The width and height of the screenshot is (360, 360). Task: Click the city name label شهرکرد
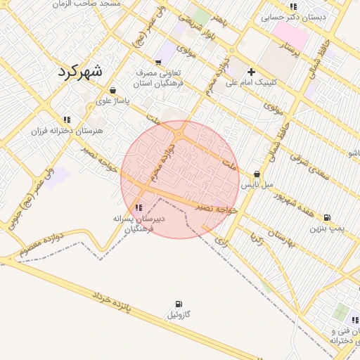pos(78,70)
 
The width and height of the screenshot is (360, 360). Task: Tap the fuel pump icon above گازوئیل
pos(178,304)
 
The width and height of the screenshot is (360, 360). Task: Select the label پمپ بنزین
pos(327,229)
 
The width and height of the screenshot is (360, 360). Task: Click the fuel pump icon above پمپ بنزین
pos(327,218)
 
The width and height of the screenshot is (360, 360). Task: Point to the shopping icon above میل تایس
pos(257,174)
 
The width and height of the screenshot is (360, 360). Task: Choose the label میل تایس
pos(257,186)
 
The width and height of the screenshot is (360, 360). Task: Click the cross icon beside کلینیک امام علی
pos(251,72)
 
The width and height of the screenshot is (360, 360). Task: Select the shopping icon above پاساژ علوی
pos(113,90)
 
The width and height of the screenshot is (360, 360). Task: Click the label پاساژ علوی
pos(113,101)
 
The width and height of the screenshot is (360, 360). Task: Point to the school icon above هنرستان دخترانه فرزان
pos(67,120)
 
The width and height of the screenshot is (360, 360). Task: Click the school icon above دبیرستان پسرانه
pos(139,207)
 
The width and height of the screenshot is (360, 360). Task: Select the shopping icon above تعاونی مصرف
pos(157,61)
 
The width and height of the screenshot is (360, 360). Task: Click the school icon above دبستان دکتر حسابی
pos(293,7)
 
